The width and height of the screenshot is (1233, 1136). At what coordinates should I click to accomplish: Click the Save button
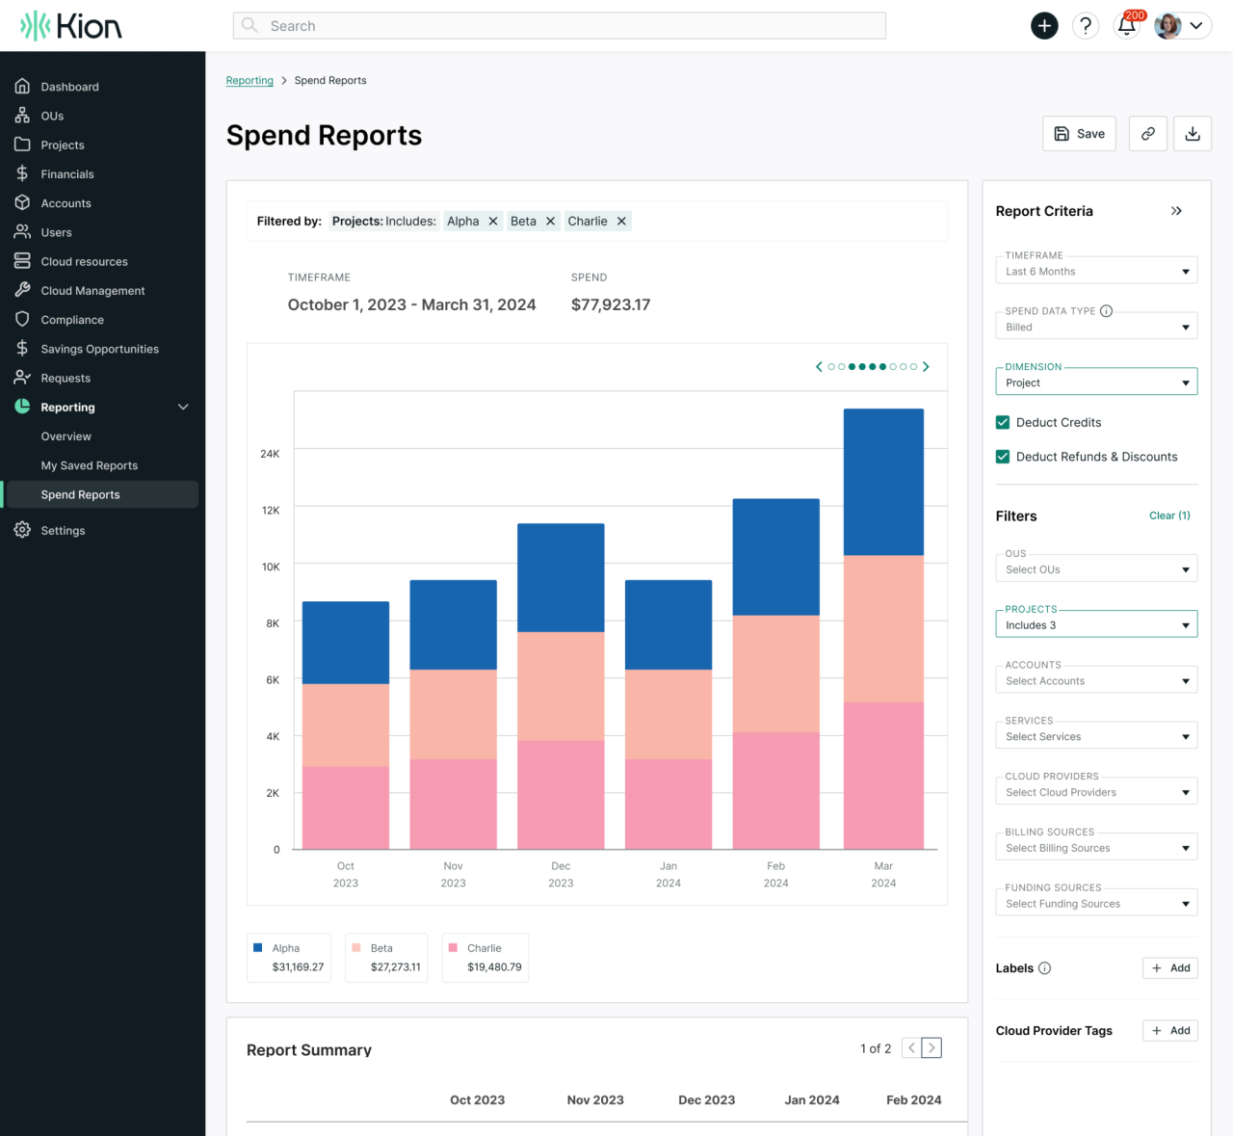[x=1079, y=134]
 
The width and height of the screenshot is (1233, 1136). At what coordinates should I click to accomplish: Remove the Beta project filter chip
[x=550, y=222]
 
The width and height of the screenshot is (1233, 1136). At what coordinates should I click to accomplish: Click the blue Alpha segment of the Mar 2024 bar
[x=883, y=482]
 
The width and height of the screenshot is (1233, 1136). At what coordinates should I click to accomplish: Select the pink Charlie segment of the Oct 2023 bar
[x=346, y=807]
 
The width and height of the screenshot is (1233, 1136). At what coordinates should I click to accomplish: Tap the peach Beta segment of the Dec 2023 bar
[x=561, y=686]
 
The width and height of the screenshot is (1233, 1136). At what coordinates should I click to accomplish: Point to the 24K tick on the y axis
[x=270, y=454]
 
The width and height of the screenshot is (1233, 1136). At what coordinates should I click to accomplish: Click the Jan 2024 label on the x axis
[x=669, y=874]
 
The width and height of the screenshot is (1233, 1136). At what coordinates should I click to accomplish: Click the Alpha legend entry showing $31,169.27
[x=288, y=957]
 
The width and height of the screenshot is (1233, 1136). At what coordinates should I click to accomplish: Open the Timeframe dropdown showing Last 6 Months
[x=1095, y=272]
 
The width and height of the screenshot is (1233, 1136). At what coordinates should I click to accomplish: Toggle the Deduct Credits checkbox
[x=1003, y=423]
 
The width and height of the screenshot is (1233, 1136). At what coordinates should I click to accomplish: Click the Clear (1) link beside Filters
[x=1169, y=515]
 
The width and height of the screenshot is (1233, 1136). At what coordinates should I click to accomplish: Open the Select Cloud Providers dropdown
[x=1095, y=792]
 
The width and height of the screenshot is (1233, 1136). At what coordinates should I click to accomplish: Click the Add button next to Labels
[x=1169, y=968]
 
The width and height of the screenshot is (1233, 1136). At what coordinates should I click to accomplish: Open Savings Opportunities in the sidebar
[x=99, y=349]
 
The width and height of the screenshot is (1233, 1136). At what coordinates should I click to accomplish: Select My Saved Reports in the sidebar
[x=89, y=465]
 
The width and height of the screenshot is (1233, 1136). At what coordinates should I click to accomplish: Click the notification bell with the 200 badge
[x=1126, y=26]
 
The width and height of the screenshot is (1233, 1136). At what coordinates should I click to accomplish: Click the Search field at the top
[x=559, y=26]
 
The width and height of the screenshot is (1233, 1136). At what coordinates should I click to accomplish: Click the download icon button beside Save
[x=1192, y=134]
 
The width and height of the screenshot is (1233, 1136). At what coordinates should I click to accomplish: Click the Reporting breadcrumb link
[x=249, y=81]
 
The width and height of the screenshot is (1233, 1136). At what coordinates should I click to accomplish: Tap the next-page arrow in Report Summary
[x=931, y=1048]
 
